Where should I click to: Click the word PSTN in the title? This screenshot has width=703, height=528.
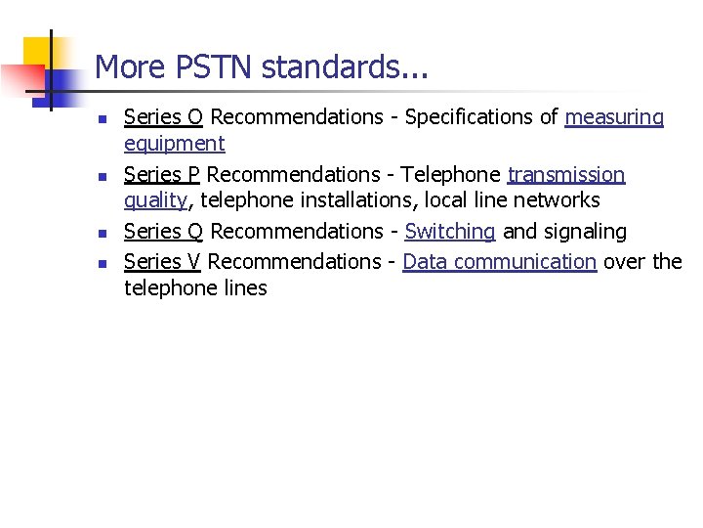click(201, 67)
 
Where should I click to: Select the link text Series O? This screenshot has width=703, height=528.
click(163, 117)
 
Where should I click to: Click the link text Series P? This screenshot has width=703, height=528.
click(161, 175)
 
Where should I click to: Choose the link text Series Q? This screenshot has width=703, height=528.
click(163, 232)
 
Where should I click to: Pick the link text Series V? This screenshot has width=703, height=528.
click(162, 262)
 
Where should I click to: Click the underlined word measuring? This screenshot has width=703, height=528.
click(614, 118)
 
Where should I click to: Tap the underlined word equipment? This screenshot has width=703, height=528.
click(174, 145)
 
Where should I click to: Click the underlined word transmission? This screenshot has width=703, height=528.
click(566, 175)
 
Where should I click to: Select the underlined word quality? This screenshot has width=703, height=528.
click(155, 201)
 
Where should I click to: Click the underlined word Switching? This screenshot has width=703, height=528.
click(450, 233)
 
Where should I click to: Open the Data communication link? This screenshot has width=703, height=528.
click(499, 262)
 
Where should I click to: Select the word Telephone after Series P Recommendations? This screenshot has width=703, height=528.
click(450, 175)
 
